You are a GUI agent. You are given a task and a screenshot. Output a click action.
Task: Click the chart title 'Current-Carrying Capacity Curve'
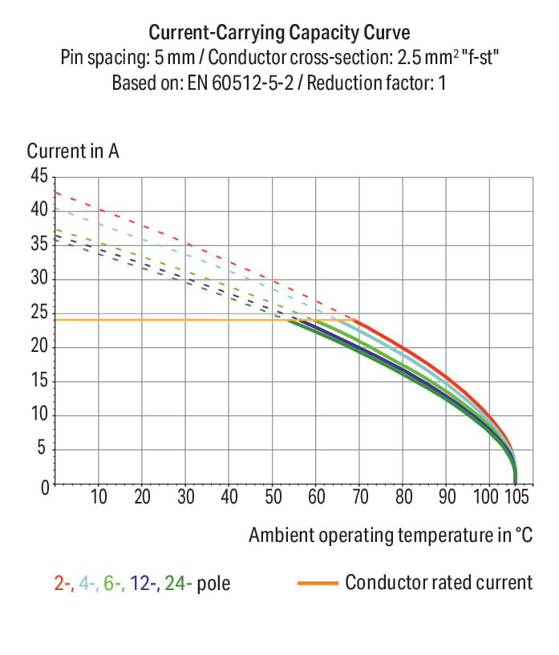280,33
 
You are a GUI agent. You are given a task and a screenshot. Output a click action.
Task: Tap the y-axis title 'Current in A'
73,151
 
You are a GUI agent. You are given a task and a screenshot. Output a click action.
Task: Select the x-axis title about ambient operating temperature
391,535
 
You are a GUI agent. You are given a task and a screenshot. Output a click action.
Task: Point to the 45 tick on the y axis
39,176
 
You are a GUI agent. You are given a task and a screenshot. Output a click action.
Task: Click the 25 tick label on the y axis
39,313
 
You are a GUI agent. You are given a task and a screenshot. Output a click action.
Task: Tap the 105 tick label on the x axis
515,498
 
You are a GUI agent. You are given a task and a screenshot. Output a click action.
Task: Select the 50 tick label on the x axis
273,498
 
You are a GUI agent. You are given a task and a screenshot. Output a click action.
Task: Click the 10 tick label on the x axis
99,498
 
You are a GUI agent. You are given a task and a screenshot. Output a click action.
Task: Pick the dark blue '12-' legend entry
144,584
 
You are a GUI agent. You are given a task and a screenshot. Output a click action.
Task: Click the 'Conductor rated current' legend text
439,583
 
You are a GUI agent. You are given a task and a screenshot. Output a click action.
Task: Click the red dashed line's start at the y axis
55,192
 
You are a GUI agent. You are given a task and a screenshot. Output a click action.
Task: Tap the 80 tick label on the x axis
403,498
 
